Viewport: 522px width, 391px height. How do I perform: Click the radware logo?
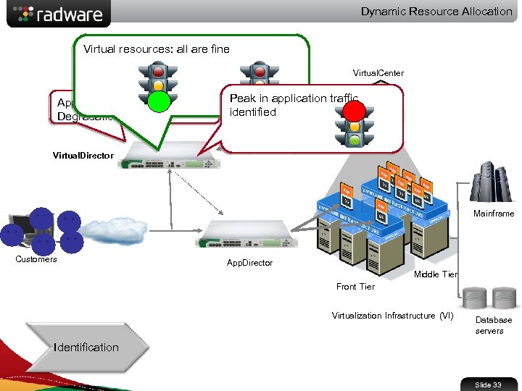click(59, 14)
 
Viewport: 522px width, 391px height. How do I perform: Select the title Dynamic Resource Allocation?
click(436, 12)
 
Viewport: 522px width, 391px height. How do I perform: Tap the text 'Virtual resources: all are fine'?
click(157, 49)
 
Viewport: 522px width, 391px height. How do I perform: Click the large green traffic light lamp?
click(158, 101)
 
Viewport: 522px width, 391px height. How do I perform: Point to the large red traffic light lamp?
click(355, 110)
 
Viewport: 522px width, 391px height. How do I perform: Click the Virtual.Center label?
click(378, 73)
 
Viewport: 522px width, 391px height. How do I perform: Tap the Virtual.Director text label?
click(83, 156)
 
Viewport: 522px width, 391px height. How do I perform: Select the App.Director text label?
click(249, 263)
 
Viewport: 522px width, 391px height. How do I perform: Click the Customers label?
click(36, 259)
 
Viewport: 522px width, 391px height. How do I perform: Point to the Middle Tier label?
click(435, 274)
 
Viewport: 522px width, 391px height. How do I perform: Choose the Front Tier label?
click(355, 287)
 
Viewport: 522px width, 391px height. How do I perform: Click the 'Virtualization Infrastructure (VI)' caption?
click(392, 316)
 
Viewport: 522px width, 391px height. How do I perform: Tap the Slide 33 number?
click(488, 384)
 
